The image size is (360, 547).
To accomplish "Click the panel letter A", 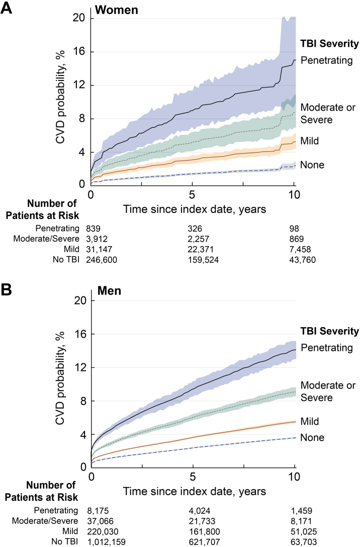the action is pyautogui.click(x=6, y=7).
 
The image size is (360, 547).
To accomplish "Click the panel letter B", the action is pyautogui.click(x=6, y=290).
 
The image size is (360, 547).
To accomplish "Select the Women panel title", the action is pyautogui.click(x=117, y=10).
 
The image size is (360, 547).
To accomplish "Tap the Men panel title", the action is pyautogui.click(x=110, y=290).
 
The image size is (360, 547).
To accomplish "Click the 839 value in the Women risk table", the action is pyautogui.click(x=94, y=229).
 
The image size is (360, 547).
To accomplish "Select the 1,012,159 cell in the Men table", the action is pyautogui.click(x=106, y=542).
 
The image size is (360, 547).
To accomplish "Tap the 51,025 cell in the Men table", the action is pyautogui.click(x=304, y=531).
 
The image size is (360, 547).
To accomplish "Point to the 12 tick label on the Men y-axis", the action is pyautogui.click(x=80, y=367).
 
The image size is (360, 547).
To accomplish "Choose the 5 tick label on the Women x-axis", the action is pyautogui.click(x=192, y=194).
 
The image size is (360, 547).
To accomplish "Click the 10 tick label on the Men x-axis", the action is pyautogui.click(x=295, y=476).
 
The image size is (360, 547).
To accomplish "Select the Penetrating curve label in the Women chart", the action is pyautogui.click(x=326, y=60).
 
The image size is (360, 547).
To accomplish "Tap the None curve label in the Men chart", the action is pyautogui.click(x=312, y=437).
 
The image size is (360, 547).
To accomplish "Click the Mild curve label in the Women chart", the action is pyautogui.click(x=309, y=140).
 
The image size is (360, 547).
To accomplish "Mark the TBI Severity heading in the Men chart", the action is pyautogui.click(x=330, y=331).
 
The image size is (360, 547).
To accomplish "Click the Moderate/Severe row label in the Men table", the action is pyautogui.click(x=45, y=521).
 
